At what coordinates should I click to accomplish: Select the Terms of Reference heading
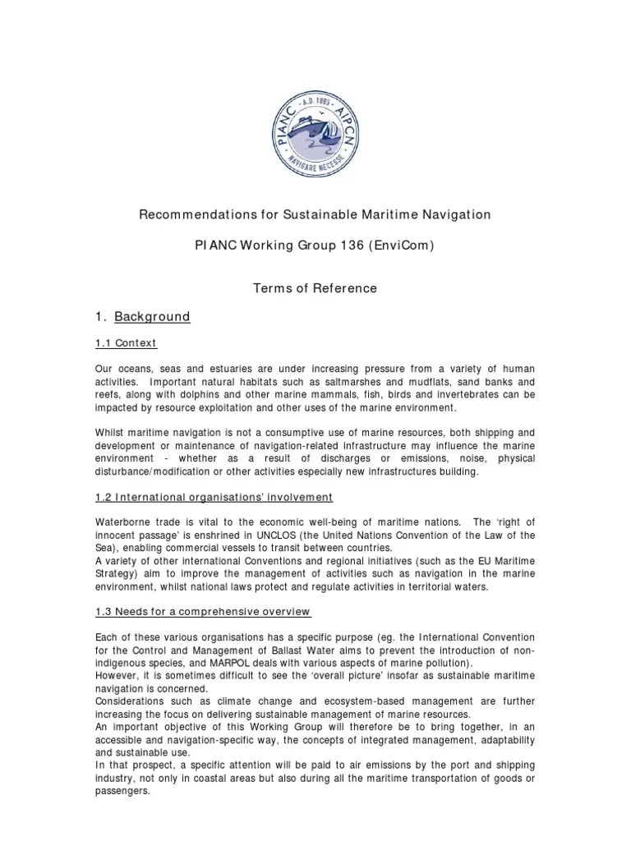click(x=315, y=288)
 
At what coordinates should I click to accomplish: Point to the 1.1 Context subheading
click(x=124, y=342)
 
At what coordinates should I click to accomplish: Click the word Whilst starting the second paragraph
click(x=111, y=433)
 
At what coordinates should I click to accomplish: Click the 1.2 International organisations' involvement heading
click(x=212, y=497)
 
